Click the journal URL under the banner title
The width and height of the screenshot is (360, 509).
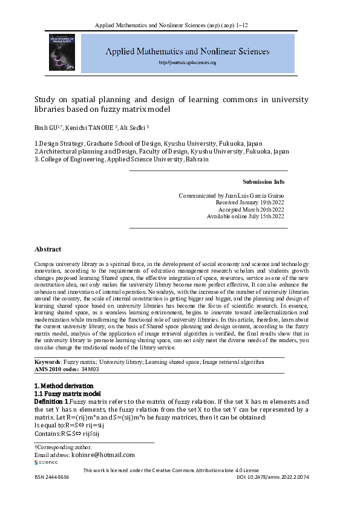click(x=187, y=62)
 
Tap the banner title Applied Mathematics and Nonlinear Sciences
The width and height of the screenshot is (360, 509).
click(x=187, y=52)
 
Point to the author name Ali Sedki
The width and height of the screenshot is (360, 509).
click(x=134, y=128)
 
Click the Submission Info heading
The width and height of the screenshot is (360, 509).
click(x=263, y=182)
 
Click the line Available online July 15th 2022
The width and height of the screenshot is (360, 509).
click(x=246, y=216)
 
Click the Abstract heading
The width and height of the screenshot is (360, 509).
click(x=48, y=249)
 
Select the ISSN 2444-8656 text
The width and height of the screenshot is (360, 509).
click(x=51, y=477)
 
